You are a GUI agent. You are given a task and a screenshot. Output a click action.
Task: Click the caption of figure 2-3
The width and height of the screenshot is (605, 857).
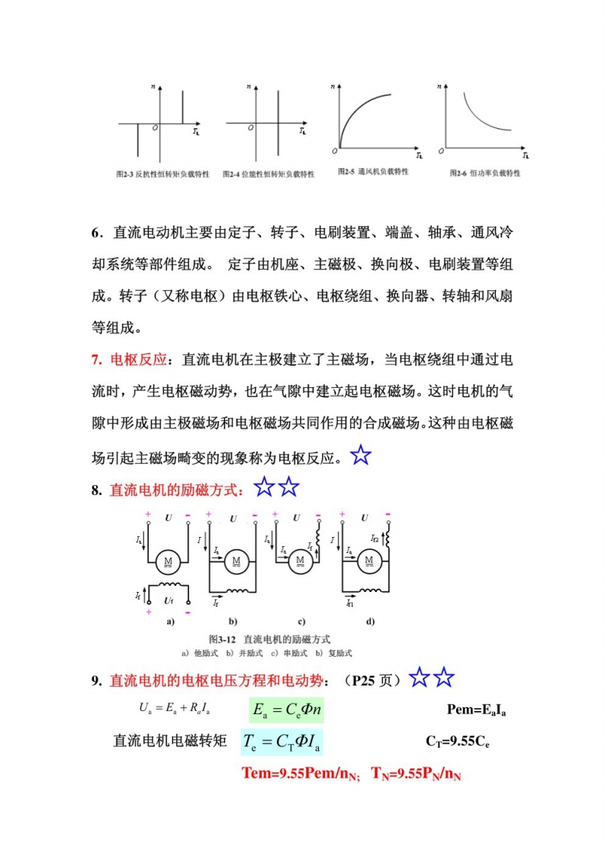coord(161,174)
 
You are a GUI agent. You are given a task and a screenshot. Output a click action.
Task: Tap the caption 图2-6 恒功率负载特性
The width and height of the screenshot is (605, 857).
coord(484,173)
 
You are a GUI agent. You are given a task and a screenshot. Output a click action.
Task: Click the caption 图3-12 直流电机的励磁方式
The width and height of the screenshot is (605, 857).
coord(269,638)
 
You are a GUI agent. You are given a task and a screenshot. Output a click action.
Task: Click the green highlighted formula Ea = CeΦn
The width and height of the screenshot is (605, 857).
coord(286,710)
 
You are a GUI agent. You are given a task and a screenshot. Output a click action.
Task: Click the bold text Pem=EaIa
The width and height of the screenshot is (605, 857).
coord(476,710)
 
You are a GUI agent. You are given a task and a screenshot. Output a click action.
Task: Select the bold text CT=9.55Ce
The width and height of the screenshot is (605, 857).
coord(457,741)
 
